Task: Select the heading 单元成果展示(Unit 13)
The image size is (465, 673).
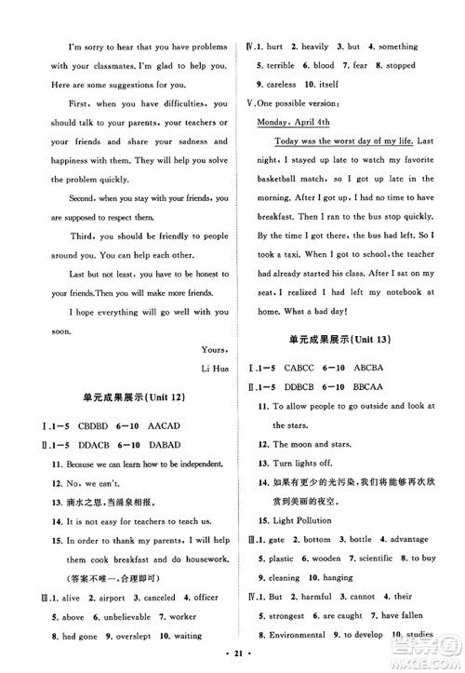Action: (x=346, y=336)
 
